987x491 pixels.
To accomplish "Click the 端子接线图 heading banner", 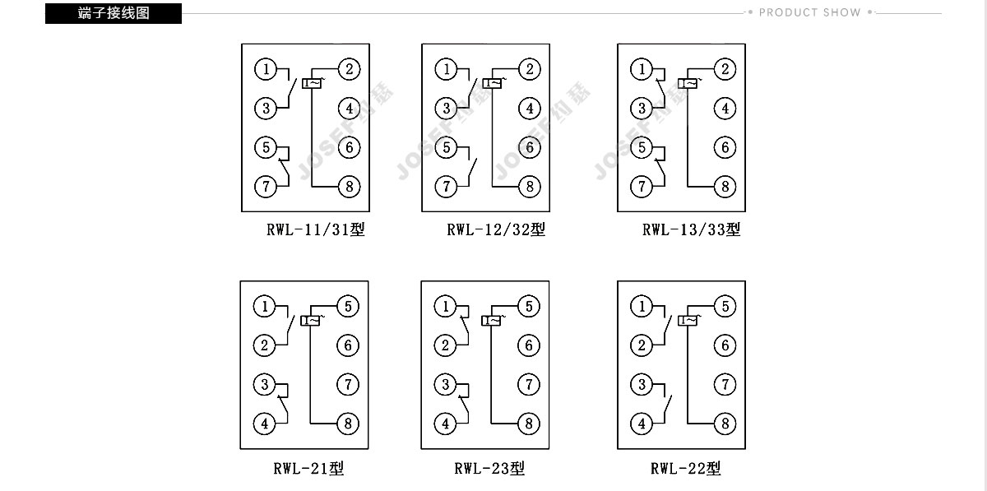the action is (x=114, y=13).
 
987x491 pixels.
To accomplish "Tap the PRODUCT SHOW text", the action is (x=809, y=12).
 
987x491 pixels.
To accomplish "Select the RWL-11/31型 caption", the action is (x=316, y=229).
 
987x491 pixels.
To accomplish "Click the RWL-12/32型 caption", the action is (x=496, y=229).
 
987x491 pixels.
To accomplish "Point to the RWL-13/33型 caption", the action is (x=692, y=229).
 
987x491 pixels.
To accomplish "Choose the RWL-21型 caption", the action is (x=308, y=468).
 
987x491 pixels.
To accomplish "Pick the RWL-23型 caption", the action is (x=489, y=468).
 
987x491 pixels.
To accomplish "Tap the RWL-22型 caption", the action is (x=686, y=468).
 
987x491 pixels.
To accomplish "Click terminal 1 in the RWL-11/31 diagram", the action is (x=266, y=69).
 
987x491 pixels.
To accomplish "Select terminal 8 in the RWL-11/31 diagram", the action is (x=350, y=187).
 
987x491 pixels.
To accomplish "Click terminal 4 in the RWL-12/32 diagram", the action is (x=530, y=109).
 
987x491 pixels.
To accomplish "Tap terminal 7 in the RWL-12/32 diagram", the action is (x=446, y=187).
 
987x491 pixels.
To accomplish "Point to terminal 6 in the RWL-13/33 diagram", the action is (x=725, y=148).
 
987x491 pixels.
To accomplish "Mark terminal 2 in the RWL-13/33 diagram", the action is (x=725, y=69).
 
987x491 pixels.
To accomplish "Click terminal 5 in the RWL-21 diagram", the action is (x=348, y=306).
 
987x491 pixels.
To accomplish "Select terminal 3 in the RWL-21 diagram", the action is (x=264, y=385).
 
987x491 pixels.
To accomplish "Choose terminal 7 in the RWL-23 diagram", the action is (x=529, y=385).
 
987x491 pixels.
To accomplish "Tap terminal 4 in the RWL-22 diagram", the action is (x=642, y=424).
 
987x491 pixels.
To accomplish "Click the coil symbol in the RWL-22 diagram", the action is (x=688, y=321).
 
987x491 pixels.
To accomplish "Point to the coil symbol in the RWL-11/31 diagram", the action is (x=312, y=83).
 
